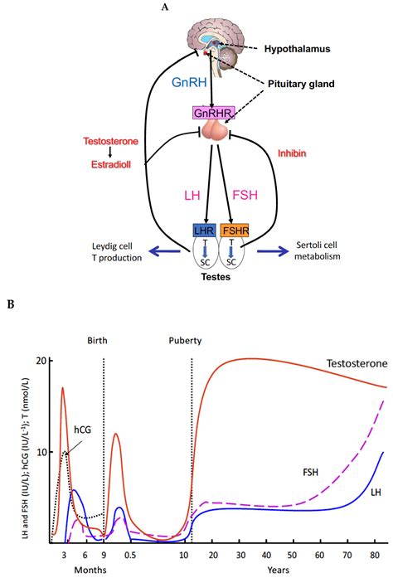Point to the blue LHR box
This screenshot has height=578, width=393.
coord(203,229)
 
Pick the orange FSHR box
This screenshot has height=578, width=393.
coord(235,229)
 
